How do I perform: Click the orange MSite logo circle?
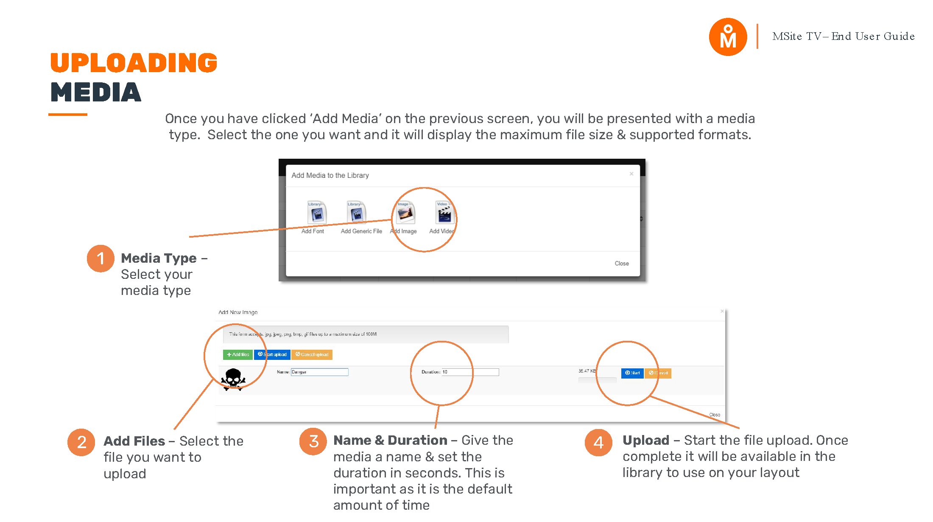728,37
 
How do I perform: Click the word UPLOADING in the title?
134,63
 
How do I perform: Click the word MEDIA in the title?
96,93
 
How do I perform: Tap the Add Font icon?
316,213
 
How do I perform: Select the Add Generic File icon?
356,213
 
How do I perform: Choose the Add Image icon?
405,213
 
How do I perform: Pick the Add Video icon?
444,213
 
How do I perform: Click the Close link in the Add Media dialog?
621,264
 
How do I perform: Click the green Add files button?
238,354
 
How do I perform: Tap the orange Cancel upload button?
312,354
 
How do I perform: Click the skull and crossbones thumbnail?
233,379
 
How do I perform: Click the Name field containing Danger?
319,372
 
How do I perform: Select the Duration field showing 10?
470,372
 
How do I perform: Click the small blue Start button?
632,373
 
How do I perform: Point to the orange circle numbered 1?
101,258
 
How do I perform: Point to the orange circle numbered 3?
313,441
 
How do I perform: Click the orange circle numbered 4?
598,443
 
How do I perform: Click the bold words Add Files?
134,441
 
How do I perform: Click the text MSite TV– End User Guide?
843,36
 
